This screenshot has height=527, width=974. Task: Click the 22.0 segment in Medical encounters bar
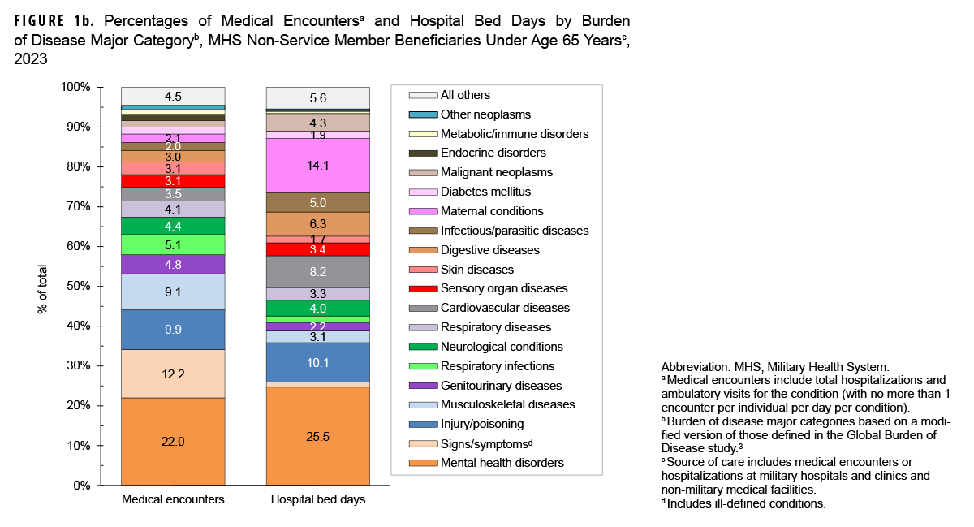click(173, 441)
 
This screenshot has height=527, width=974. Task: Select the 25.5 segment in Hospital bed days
click(318, 435)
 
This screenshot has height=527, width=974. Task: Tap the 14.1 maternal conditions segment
click(318, 166)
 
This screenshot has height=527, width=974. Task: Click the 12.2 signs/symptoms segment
click(173, 374)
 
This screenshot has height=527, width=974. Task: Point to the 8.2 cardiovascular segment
click(318, 271)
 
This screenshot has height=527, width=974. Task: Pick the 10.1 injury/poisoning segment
click(318, 362)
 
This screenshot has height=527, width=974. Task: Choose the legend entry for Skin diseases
click(477, 270)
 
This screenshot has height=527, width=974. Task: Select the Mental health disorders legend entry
click(502, 464)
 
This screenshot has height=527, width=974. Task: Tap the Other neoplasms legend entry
click(485, 114)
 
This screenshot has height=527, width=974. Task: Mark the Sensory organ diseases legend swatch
click(424, 289)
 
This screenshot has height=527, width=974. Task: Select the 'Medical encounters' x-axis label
click(172, 500)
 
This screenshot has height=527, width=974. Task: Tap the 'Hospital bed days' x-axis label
click(317, 500)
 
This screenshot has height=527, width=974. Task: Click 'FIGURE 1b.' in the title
click(50, 19)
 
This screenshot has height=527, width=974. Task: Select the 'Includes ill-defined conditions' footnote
click(744, 503)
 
